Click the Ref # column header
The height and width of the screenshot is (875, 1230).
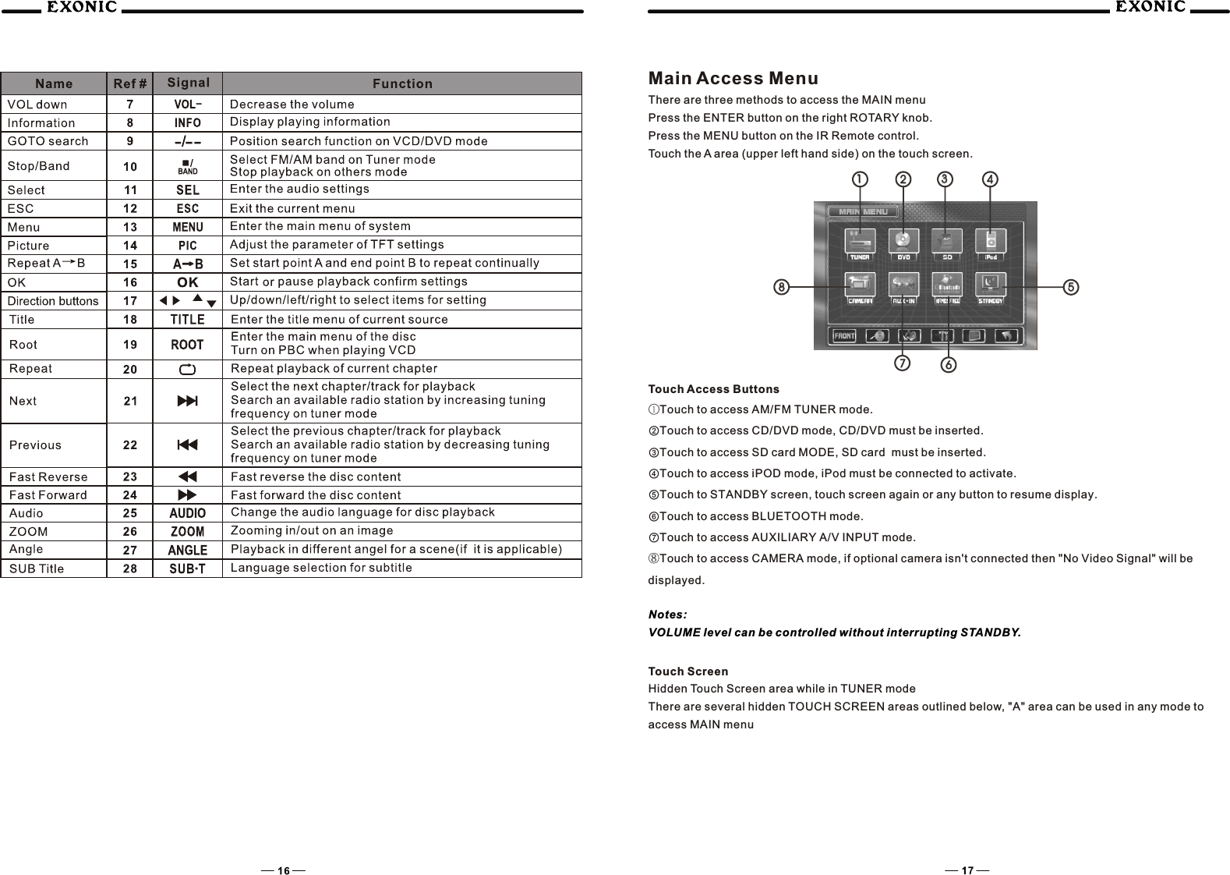[x=129, y=83]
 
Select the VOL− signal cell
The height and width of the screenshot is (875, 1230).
[x=187, y=105]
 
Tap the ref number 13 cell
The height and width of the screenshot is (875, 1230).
[x=129, y=227]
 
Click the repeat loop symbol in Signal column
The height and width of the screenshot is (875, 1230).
[x=187, y=369]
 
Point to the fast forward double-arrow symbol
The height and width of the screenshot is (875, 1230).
[x=187, y=495]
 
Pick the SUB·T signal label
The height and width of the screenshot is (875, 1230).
[x=187, y=569]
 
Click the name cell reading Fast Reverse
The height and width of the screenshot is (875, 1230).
[x=48, y=476]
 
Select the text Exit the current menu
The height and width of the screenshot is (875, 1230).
[x=292, y=208]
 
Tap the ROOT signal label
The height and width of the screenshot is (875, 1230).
[x=187, y=344]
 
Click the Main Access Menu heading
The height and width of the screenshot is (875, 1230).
[x=733, y=78]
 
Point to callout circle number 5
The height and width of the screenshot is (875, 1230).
[x=1072, y=287]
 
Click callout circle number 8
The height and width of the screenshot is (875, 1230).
[x=780, y=287]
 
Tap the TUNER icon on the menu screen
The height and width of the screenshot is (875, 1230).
[x=859, y=243]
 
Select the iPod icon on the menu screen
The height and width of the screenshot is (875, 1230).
[x=990, y=243]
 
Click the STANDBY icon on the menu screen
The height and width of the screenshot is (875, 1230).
[x=990, y=287]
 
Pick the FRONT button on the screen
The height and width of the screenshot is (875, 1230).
[x=844, y=336]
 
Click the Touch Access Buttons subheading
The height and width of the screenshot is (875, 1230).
[x=713, y=389]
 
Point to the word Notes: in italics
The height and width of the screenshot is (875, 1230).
[x=667, y=615]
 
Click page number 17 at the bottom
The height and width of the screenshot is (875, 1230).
[x=967, y=870]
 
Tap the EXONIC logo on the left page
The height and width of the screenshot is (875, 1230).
[x=81, y=8]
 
